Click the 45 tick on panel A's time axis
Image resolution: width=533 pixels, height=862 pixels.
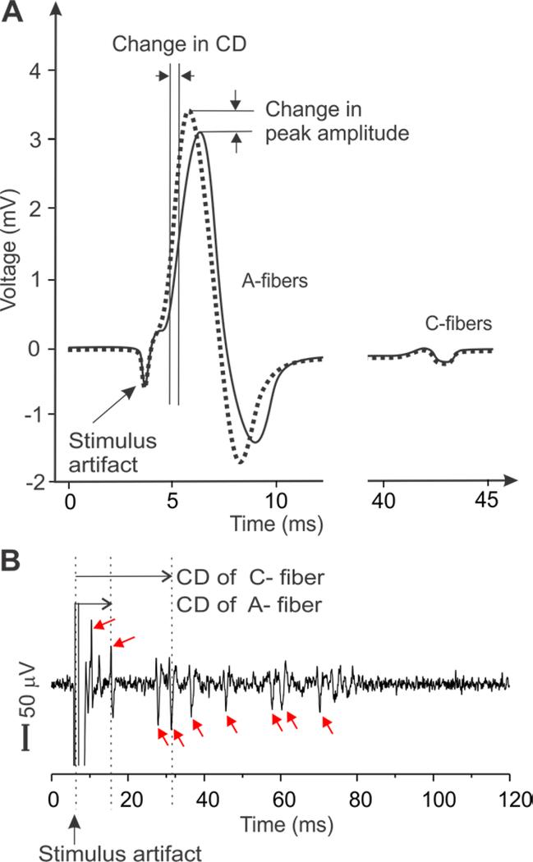click(485, 500)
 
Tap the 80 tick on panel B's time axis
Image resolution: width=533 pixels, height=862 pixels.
click(356, 796)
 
